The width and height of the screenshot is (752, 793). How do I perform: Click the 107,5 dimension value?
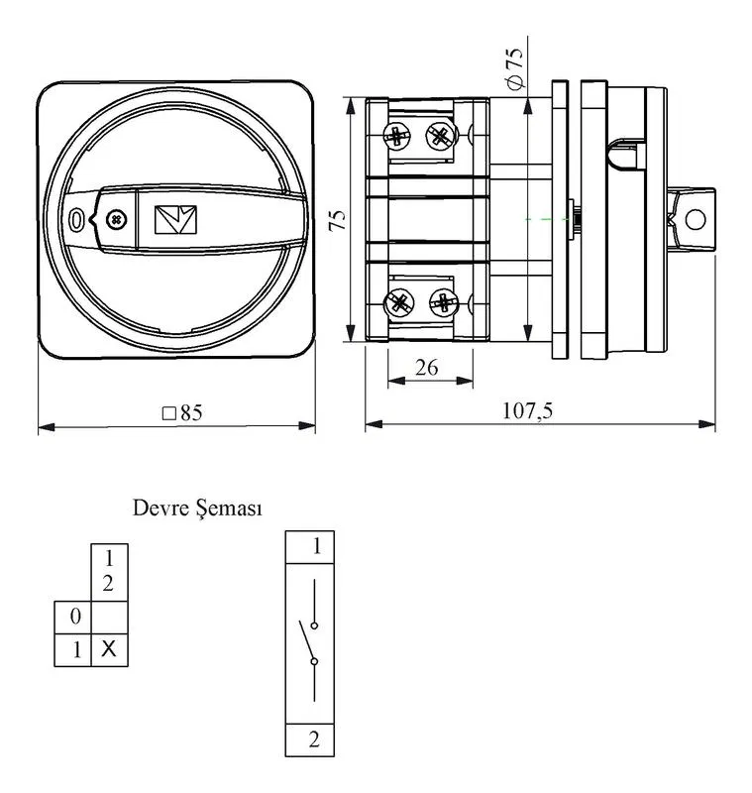click(527, 410)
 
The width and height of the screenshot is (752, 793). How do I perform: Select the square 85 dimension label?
click(182, 413)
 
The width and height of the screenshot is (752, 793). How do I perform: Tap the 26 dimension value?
click(427, 368)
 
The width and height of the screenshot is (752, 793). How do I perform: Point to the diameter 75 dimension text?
click(516, 68)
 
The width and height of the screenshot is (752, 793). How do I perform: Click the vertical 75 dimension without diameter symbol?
click(338, 220)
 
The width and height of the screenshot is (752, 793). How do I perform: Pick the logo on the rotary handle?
click(175, 219)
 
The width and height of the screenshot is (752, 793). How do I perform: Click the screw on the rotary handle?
click(116, 220)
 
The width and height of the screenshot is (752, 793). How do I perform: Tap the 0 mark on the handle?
click(76, 220)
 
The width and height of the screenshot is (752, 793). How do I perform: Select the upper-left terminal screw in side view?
click(396, 136)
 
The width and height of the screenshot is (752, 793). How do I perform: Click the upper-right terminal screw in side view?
click(441, 136)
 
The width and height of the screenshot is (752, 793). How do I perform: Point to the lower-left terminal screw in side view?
click(399, 303)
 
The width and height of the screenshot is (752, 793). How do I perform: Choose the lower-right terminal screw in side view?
click(444, 302)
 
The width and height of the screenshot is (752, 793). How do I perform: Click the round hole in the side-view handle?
click(695, 220)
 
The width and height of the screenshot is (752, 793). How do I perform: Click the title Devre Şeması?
click(197, 509)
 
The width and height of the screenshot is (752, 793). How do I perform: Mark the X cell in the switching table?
click(109, 649)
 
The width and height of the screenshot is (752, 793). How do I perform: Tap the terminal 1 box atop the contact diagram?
click(310, 547)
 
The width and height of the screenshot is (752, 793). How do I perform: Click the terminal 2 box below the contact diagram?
click(310, 739)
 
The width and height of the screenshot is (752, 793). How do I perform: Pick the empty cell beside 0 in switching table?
click(109, 617)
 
